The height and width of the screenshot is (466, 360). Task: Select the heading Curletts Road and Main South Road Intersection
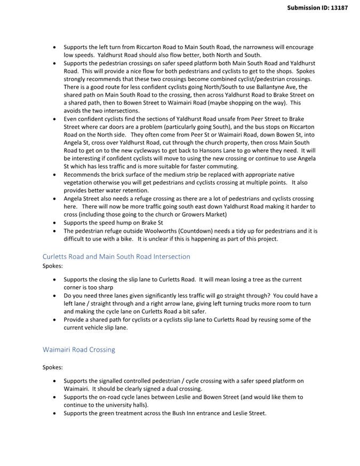(116, 257)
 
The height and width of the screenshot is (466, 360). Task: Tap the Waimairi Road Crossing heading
(78, 350)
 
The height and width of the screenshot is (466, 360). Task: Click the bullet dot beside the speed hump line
(55, 223)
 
